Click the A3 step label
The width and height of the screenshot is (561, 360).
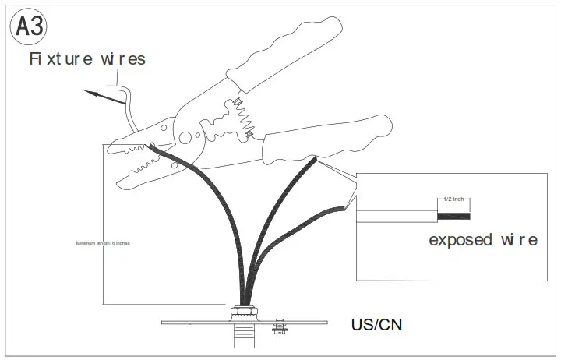tap(30, 28)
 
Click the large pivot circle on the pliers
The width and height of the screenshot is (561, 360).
tap(185, 137)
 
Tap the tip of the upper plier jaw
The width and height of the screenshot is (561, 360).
tap(113, 145)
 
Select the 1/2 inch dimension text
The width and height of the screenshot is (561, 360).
tap(453, 199)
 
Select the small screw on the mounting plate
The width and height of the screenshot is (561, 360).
tap(278, 326)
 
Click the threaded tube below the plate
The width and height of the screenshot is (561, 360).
tap(245, 341)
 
